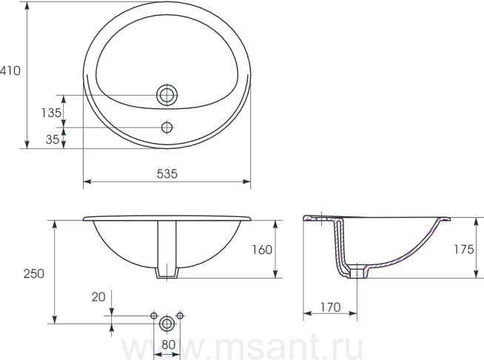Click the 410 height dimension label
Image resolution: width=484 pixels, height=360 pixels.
pyautogui.click(x=10, y=71)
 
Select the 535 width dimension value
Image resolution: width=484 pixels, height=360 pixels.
pyautogui.click(x=167, y=173)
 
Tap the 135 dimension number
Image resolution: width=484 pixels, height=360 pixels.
pyautogui.click(x=52, y=113)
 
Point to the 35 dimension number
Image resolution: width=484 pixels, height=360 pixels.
pyautogui.click(x=53, y=140)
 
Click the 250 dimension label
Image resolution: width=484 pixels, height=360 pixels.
pyautogui.click(x=34, y=273)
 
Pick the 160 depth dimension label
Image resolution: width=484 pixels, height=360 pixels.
pyautogui.click(x=263, y=250)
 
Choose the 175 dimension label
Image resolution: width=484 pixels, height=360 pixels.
pyautogui.click(x=463, y=249)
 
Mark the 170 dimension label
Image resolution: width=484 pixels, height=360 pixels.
pyautogui.click(x=331, y=307)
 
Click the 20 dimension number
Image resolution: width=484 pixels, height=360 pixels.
pyautogui.click(x=98, y=297)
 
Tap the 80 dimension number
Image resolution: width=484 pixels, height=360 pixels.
pyautogui.click(x=168, y=344)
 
